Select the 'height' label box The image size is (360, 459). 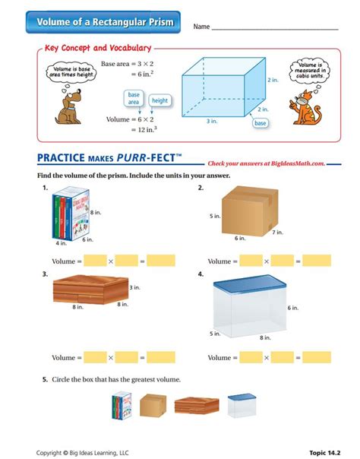pyautogui.click(x=159, y=100)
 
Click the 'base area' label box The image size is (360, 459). pyautogui.click(x=134, y=97)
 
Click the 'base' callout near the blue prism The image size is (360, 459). pyautogui.click(x=261, y=122)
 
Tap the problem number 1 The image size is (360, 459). pyautogui.click(x=46, y=187)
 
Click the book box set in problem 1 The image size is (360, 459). pyautogui.click(x=71, y=215)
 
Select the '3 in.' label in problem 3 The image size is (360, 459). pyautogui.click(x=134, y=287)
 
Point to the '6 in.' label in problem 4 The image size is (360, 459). pyautogui.click(x=292, y=308)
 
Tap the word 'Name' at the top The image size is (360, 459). pyautogui.click(x=201, y=27)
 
